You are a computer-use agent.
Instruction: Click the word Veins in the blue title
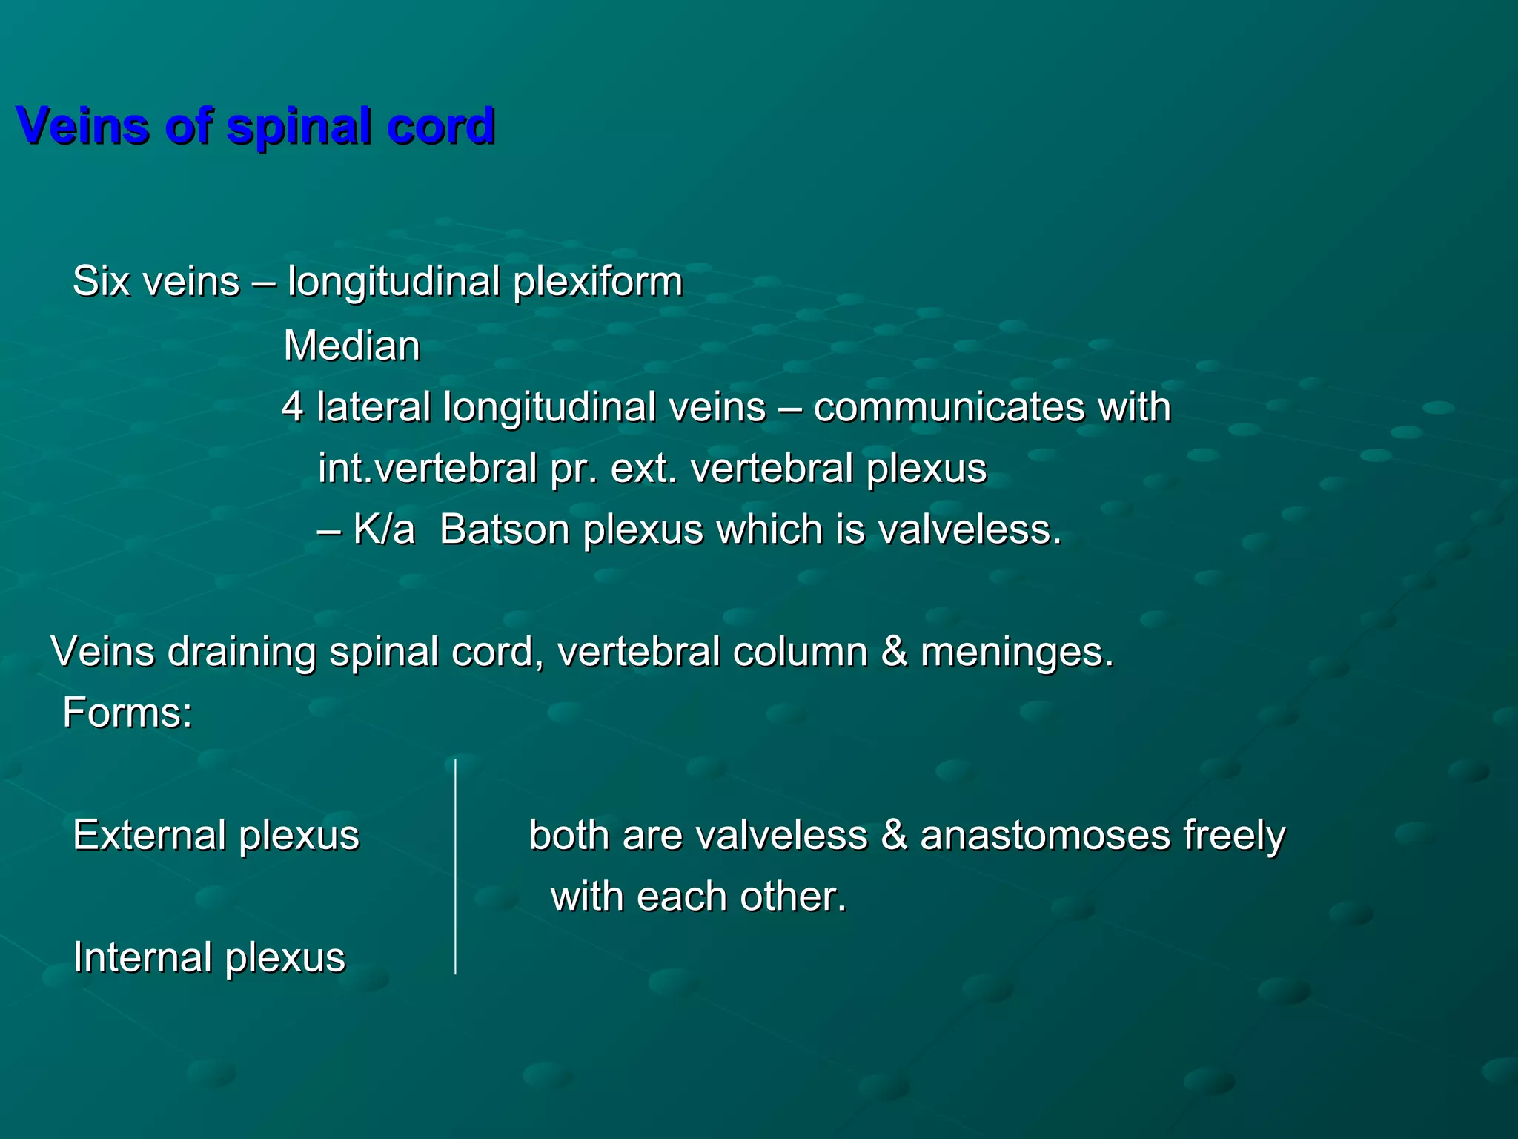82,126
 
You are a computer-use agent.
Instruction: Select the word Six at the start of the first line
101,282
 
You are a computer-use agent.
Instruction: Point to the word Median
351,346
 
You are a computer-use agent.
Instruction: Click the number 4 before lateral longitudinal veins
292,408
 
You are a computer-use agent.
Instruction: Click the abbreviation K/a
383,530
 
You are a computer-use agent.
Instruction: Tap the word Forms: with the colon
127,713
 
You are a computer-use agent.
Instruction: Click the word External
148,836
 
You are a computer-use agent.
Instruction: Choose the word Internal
141,957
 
